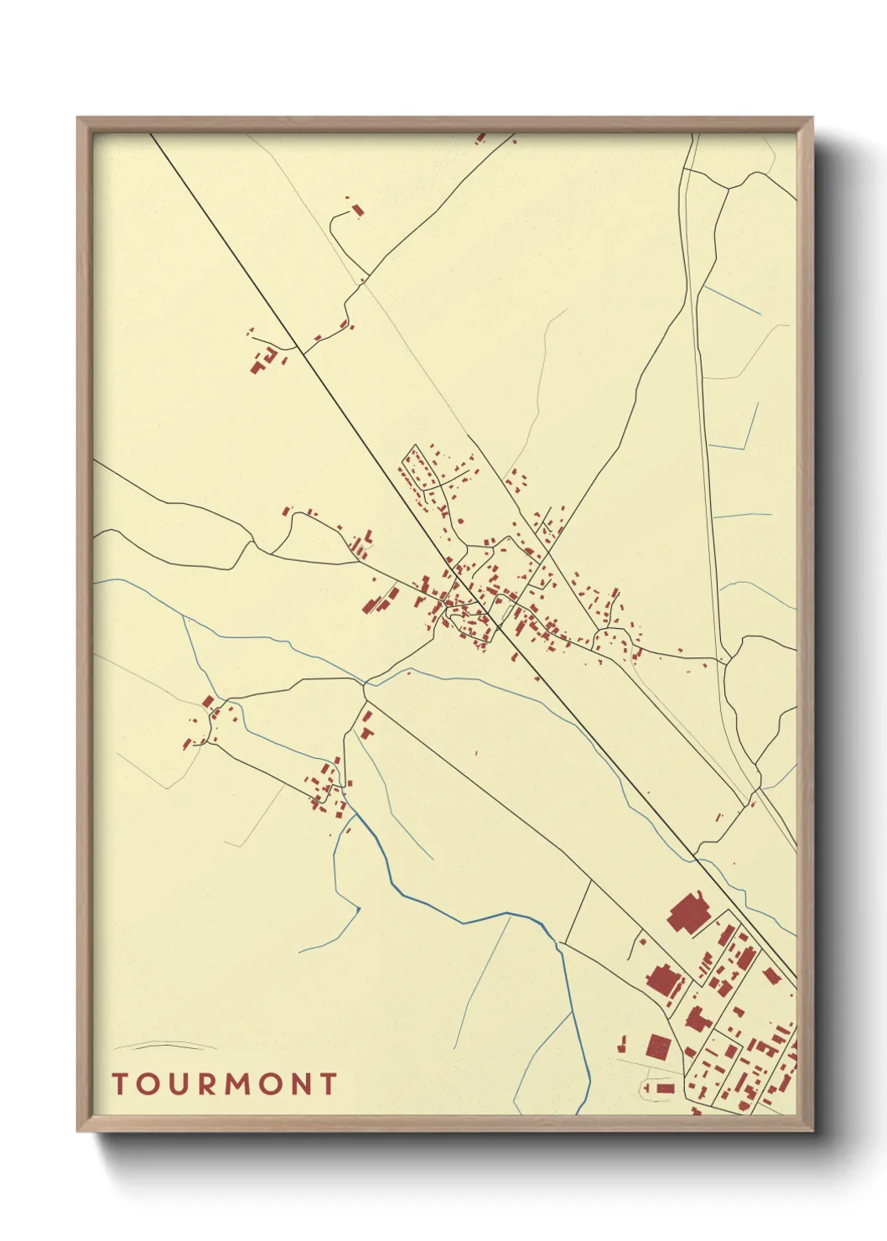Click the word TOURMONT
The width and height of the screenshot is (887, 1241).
(225, 1084)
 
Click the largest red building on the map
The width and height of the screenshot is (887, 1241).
(688, 911)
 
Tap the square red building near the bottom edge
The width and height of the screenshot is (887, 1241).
(659, 1046)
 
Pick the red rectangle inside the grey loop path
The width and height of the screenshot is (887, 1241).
(665, 1088)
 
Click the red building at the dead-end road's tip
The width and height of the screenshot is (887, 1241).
(357, 209)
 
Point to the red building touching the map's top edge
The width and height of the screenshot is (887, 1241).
(480, 137)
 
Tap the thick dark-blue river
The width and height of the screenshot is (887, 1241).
(469, 918)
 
